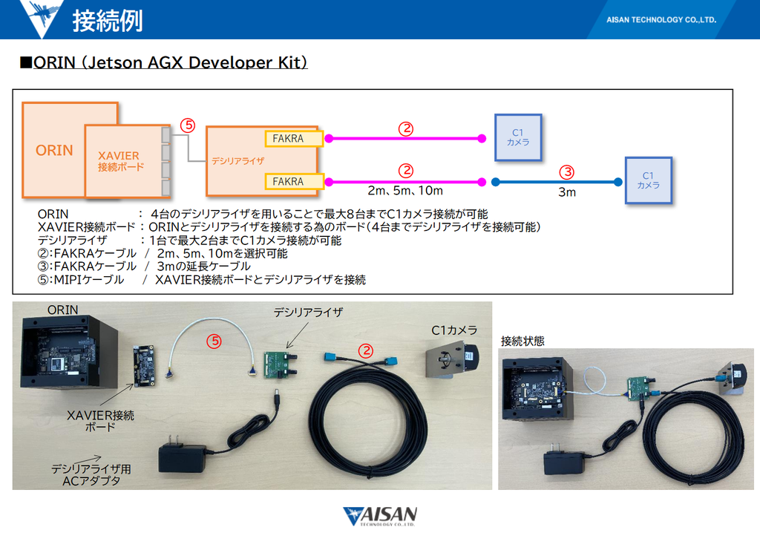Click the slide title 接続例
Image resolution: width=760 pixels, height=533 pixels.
click(x=108, y=20)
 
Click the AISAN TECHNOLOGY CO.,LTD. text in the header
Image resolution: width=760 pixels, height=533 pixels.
click(x=661, y=19)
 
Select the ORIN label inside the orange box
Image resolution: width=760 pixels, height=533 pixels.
click(x=54, y=150)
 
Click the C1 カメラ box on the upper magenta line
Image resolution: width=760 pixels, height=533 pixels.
click(x=518, y=137)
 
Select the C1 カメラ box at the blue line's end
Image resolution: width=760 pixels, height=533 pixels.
click(x=648, y=180)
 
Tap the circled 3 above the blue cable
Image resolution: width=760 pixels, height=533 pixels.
click(x=566, y=171)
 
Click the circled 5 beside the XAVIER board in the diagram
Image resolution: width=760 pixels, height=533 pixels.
click(x=188, y=125)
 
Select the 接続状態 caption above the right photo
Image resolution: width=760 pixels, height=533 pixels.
click(x=522, y=341)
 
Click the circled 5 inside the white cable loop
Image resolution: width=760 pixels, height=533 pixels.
click(x=214, y=341)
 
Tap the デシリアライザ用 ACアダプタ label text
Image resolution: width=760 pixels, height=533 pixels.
click(x=91, y=475)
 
